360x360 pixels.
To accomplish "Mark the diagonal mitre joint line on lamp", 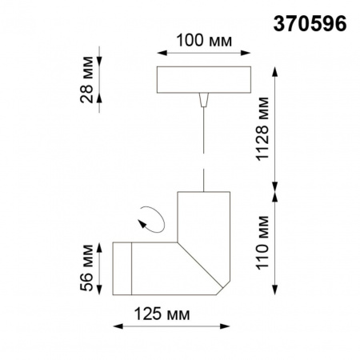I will [x=200, y=268].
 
